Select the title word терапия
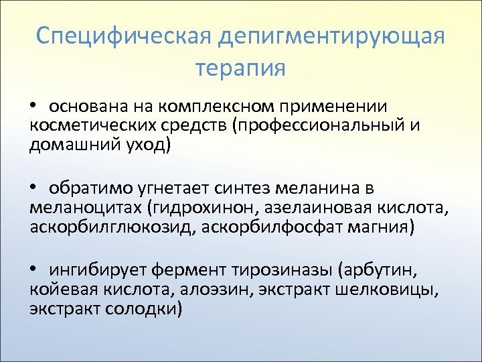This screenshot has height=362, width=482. point(240,68)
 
